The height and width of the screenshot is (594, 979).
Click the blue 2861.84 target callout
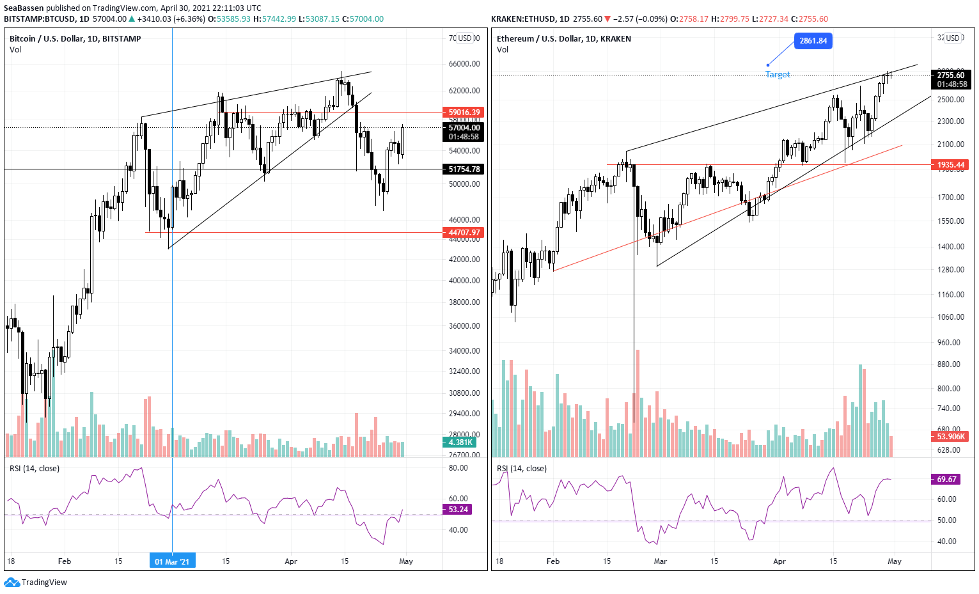pos(813,41)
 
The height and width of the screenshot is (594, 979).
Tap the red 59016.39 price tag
pos(464,113)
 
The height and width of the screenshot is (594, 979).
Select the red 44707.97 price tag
pos(464,233)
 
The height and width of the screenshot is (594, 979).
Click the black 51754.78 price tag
pos(464,169)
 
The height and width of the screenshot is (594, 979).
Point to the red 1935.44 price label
pos(950,165)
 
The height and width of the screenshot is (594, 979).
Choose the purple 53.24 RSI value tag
pos(458,510)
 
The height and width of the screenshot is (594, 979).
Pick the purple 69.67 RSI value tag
pos(946,480)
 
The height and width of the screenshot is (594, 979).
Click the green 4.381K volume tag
pos(460,442)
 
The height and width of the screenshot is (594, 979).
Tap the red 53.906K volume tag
pos(950,437)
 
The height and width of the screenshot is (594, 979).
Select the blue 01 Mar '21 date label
pos(172,561)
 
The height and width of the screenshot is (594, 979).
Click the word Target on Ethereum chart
pos(778,75)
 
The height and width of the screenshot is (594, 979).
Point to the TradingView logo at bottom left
pos(36,582)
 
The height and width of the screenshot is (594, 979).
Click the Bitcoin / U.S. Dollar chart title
pos(75,39)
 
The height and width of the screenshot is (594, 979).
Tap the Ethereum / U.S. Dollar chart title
pos(563,39)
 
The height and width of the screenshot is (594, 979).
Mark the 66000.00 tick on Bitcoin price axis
pos(464,64)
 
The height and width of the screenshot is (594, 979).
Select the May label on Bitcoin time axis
pos(405,561)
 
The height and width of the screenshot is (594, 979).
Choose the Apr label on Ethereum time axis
pos(779,561)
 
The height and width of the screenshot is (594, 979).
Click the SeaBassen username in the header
pos(24,8)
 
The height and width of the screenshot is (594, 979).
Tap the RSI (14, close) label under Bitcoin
pos(35,469)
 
